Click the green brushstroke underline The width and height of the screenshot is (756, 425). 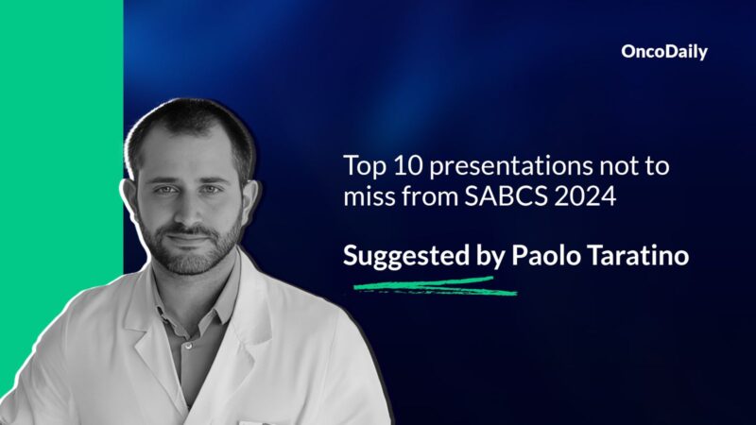pyautogui.click(x=435, y=285)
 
